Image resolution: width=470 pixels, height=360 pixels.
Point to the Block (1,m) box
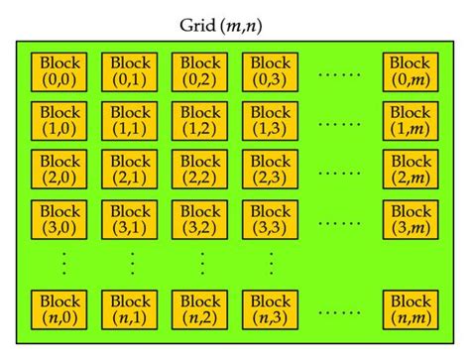tap(410, 121)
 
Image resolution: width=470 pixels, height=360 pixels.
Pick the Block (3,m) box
tap(410, 221)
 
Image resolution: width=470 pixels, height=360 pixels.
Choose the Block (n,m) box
tap(410, 309)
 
